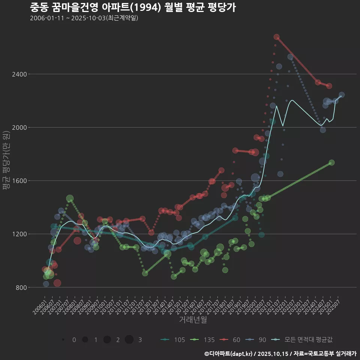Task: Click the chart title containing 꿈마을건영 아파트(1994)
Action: click(133, 7)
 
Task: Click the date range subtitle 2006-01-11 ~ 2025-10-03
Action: click(84, 18)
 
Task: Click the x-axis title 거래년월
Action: click(193, 319)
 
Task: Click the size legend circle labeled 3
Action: click(129, 340)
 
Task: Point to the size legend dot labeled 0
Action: click(63, 340)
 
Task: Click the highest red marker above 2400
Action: click(276, 37)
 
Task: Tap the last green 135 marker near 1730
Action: click(331, 162)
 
